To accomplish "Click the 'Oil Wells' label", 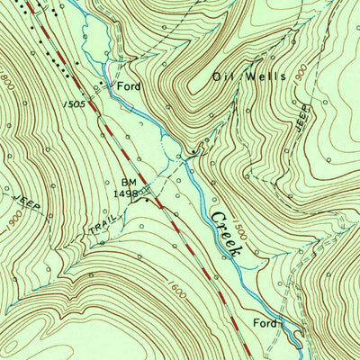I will coord(249,77).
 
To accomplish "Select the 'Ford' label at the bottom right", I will coord(264,321).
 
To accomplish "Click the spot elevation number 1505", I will coord(76,103).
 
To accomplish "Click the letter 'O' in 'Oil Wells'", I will coord(218,77).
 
